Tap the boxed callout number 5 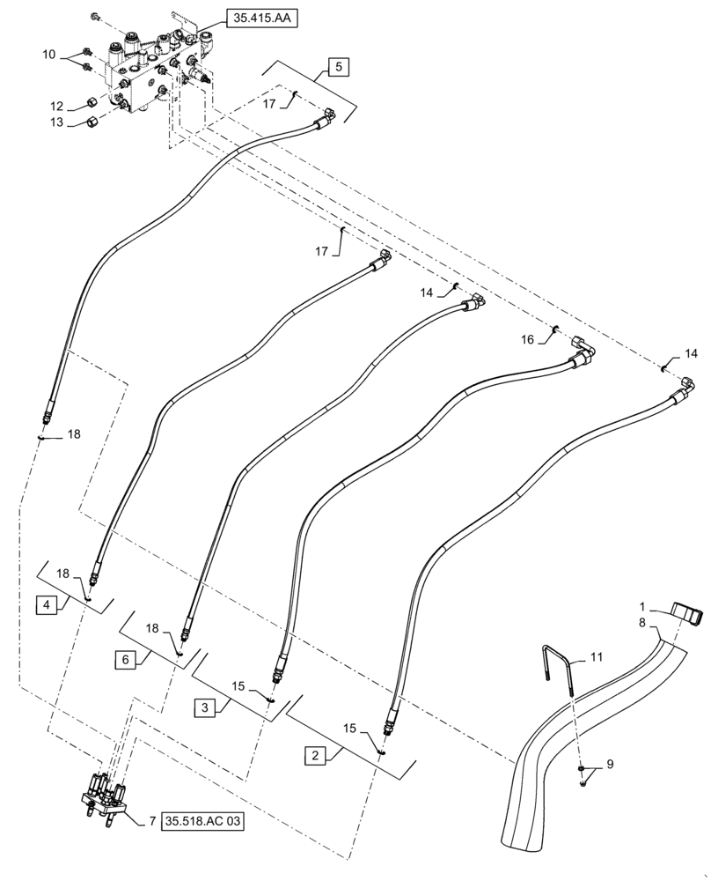339,66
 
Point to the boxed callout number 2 312,755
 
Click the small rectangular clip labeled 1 687,612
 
